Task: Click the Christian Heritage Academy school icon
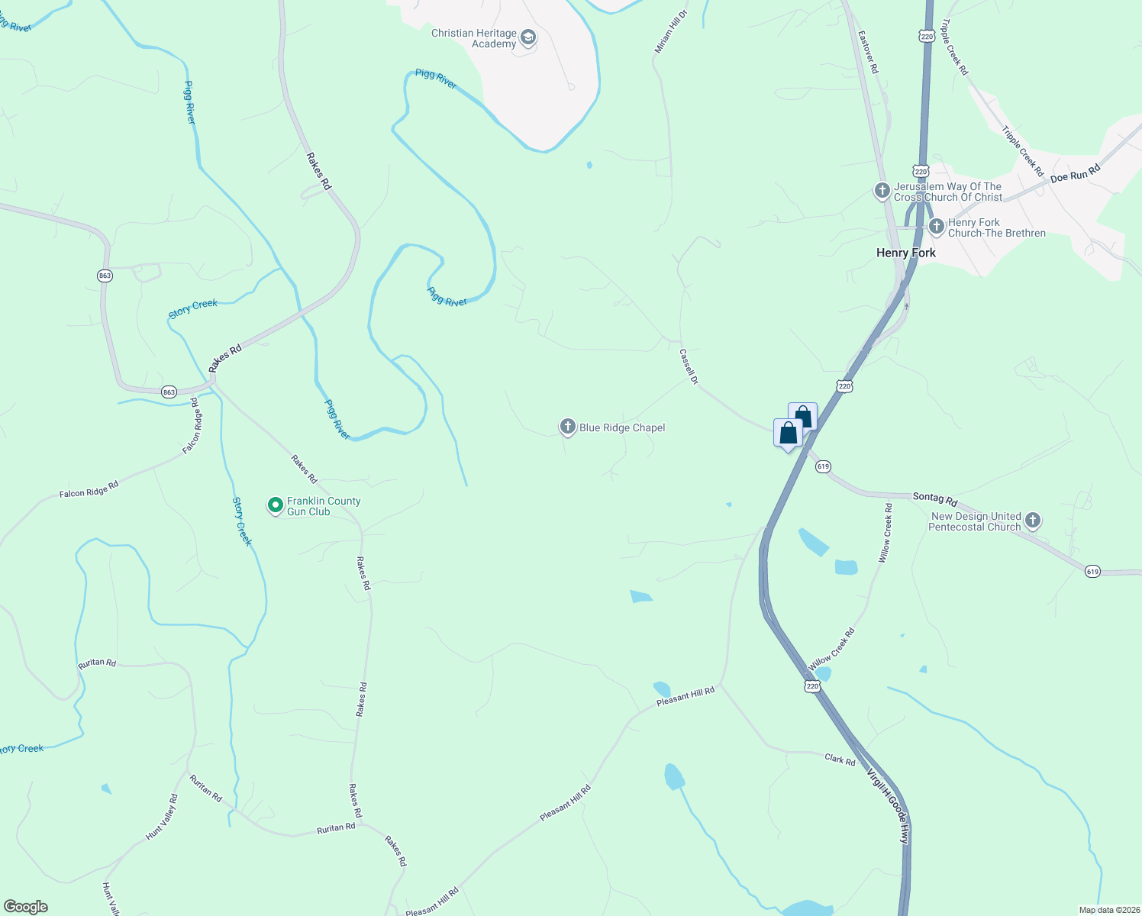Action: [527, 37]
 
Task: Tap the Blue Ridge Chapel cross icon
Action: [567, 427]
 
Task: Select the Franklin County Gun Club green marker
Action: [276, 505]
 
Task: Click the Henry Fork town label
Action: [905, 253]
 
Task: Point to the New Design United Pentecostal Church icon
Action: [1033, 521]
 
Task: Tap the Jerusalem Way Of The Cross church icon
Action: [882, 191]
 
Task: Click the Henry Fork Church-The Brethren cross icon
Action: [937, 227]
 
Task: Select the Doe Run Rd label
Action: [1075, 173]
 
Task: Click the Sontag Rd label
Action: [935, 498]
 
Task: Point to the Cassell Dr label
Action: [689, 366]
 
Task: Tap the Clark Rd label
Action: [840, 760]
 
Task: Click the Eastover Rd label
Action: [868, 52]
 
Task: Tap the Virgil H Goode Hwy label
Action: [889, 805]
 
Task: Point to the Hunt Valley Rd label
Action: [162, 817]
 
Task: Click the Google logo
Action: [26, 907]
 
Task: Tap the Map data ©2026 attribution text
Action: [1107, 910]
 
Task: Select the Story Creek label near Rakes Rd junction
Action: [193, 307]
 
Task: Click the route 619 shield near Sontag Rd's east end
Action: [1092, 571]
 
